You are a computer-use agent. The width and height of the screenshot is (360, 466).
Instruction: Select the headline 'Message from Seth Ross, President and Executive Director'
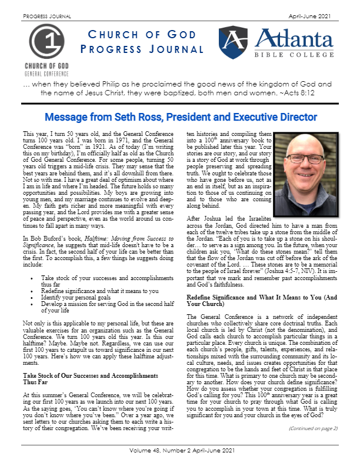coord(180,116)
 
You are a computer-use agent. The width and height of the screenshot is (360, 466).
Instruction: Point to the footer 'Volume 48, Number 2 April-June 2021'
coord(180,456)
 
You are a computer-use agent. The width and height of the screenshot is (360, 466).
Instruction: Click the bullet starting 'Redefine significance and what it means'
coord(106,292)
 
